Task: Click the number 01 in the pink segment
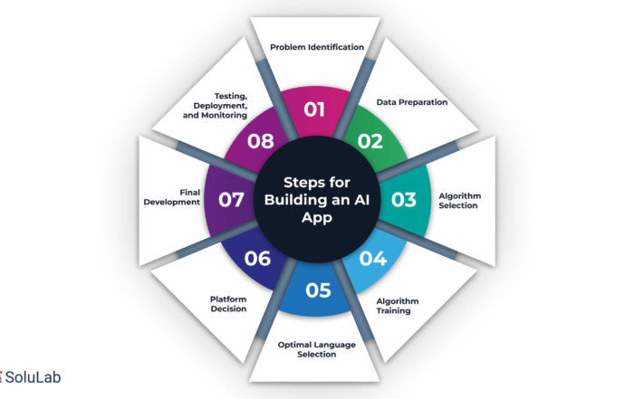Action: (x=314, y=110)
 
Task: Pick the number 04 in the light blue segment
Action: (x=373, y=258)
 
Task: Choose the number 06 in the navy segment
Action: (x=257, y=259)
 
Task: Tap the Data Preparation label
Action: (x=413, y=102)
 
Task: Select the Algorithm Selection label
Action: (x=461, y=199)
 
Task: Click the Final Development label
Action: (x=173, y=196)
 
